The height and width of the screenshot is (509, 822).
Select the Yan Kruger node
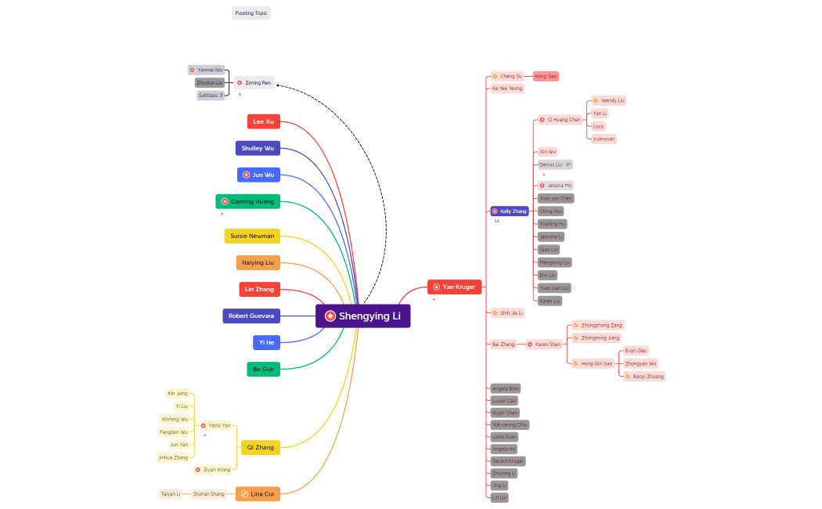click(x=454, y=287)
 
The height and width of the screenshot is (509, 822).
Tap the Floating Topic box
click(x=251, y=13)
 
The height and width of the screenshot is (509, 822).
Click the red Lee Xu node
click(x=263, y=121)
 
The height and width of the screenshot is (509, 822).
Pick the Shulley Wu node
click(x=258, y=148)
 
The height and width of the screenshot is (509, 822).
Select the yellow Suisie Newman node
click(x=252, y=236)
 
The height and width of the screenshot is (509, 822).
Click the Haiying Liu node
click(x=258, y=262)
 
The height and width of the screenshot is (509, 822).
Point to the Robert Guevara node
click(x=251, y=316)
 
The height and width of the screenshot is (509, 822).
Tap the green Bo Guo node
click(x=263, y=368)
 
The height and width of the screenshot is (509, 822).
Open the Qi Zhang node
click(x=260, y=447)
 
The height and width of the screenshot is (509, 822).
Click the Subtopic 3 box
click(x=211, y=95)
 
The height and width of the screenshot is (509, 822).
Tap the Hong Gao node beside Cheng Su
click(x=546, y=76)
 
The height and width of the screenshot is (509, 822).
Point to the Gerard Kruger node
click(x=508, y=460)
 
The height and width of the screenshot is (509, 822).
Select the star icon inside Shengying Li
click(x=330, y=316)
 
